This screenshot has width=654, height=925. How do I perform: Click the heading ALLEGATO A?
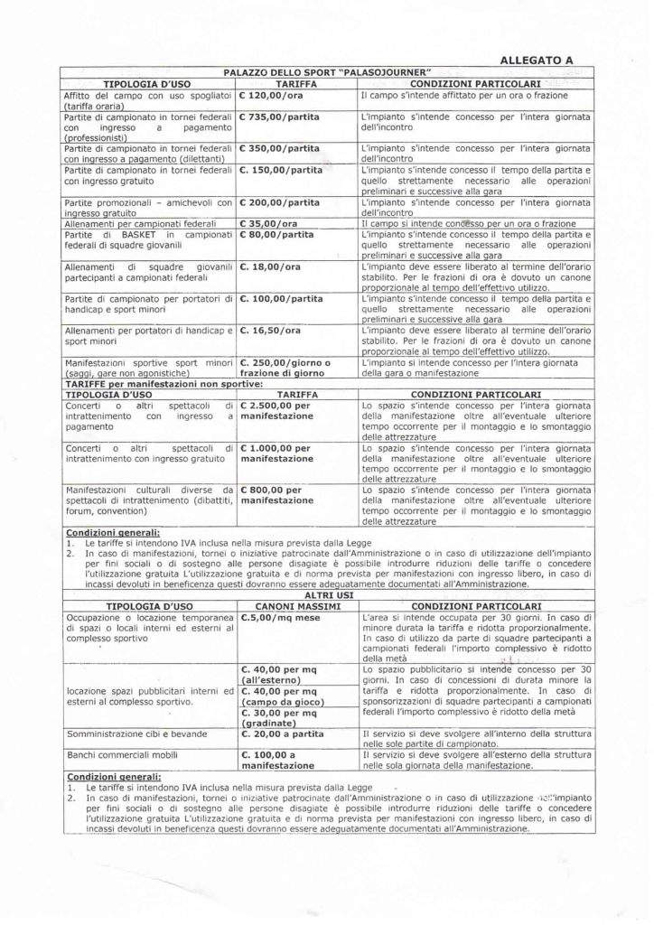click(536, 61)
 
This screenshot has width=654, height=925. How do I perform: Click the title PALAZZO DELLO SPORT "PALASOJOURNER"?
click(327, 72)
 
